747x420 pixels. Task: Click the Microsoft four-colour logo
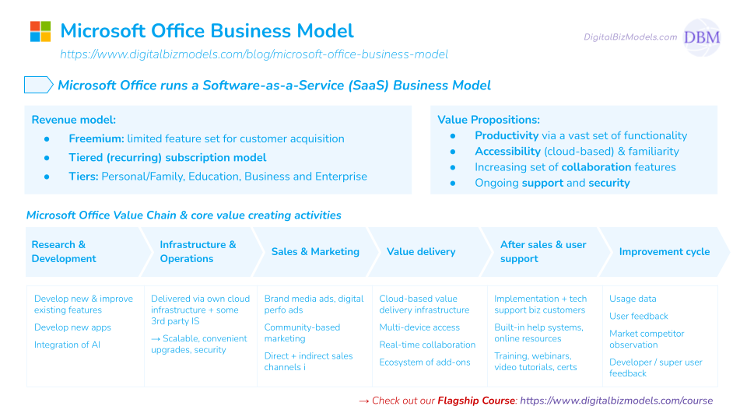click(40, 31)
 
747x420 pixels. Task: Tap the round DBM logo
click(701, 37)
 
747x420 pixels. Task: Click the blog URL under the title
click(254, 54)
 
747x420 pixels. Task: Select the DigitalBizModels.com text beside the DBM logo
click(630, 37)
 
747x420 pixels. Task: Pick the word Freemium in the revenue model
click(96, 138)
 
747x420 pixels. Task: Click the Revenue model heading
click(74, 120)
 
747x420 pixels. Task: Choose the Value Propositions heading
click(489, 120)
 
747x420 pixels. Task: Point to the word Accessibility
click(507, 151)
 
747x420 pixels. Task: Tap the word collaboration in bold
click(596, 167)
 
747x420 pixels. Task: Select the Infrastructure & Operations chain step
click(198, 251)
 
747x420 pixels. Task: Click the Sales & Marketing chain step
click(315, 251)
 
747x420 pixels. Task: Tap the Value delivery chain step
click(421, 251)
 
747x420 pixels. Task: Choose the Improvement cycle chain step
click(664, 251)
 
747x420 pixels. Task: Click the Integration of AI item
click(67, 345)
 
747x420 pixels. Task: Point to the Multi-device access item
click(419, 327)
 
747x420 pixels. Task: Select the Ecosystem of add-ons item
click(425, 362)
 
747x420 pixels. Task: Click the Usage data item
click(633, 299)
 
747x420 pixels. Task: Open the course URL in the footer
click(615, 401)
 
